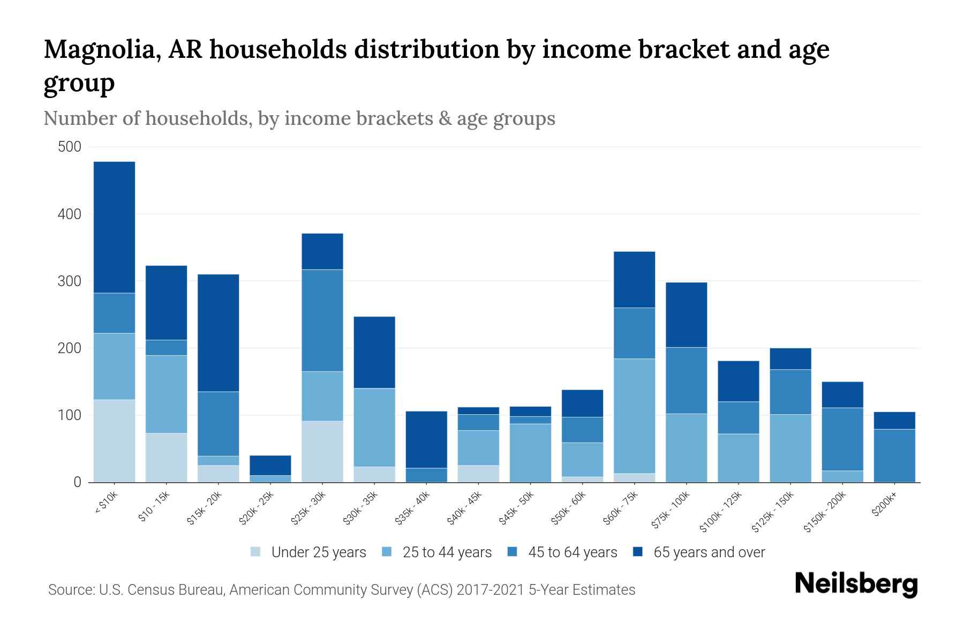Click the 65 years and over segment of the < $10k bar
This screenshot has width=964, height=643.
(114, 227)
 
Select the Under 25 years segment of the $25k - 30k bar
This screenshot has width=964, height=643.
(322, 451)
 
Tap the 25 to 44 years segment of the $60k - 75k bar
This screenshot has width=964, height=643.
(634, 416)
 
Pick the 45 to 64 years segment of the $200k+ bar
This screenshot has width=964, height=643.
(894, 455)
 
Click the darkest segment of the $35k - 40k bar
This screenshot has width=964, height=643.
(426, 439)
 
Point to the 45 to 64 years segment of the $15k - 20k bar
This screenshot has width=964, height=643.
(218, 423)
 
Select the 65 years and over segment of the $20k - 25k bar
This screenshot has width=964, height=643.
(270, 465)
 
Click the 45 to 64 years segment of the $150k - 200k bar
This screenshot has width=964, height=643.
(842, 439)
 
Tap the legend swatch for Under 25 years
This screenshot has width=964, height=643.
(256, 552)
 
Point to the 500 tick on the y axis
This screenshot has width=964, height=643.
(70, 147)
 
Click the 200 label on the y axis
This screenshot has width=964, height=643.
(70, 348)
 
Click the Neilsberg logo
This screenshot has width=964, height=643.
(856, 584)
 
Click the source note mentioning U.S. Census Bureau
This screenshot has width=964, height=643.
(342, 590)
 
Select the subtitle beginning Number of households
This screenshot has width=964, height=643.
(299, 118)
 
